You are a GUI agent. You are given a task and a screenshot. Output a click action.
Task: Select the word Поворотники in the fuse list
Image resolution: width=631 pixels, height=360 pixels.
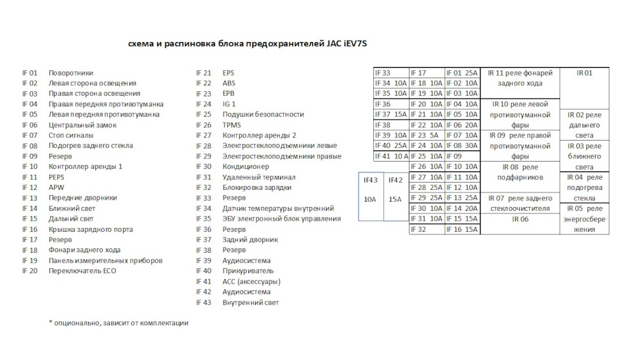(71, 73)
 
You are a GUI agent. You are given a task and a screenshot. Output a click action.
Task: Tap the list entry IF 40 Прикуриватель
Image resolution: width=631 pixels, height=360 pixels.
(237, 271)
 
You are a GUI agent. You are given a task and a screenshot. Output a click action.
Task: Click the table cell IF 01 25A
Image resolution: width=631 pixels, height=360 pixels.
(463, 73)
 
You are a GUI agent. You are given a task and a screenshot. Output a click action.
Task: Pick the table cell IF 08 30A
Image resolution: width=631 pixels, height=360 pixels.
(463, 146)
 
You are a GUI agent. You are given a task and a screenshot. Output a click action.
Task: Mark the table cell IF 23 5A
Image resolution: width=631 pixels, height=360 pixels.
(427, 135)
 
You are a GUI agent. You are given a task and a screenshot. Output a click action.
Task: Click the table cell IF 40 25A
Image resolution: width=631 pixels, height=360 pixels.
(391, 146)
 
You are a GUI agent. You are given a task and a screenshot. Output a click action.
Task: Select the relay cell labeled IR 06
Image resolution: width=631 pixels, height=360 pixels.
(520, 219)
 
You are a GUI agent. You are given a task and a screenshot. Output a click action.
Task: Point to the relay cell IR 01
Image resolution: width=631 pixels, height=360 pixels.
(584, 73)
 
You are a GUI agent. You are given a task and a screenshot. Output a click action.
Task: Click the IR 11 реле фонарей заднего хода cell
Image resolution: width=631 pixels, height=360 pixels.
(520, 78)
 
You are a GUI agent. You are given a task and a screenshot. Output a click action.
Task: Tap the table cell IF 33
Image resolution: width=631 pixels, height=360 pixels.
(391, 73)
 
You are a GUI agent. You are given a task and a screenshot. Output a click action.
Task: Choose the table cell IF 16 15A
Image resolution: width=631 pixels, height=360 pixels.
(463, 229)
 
